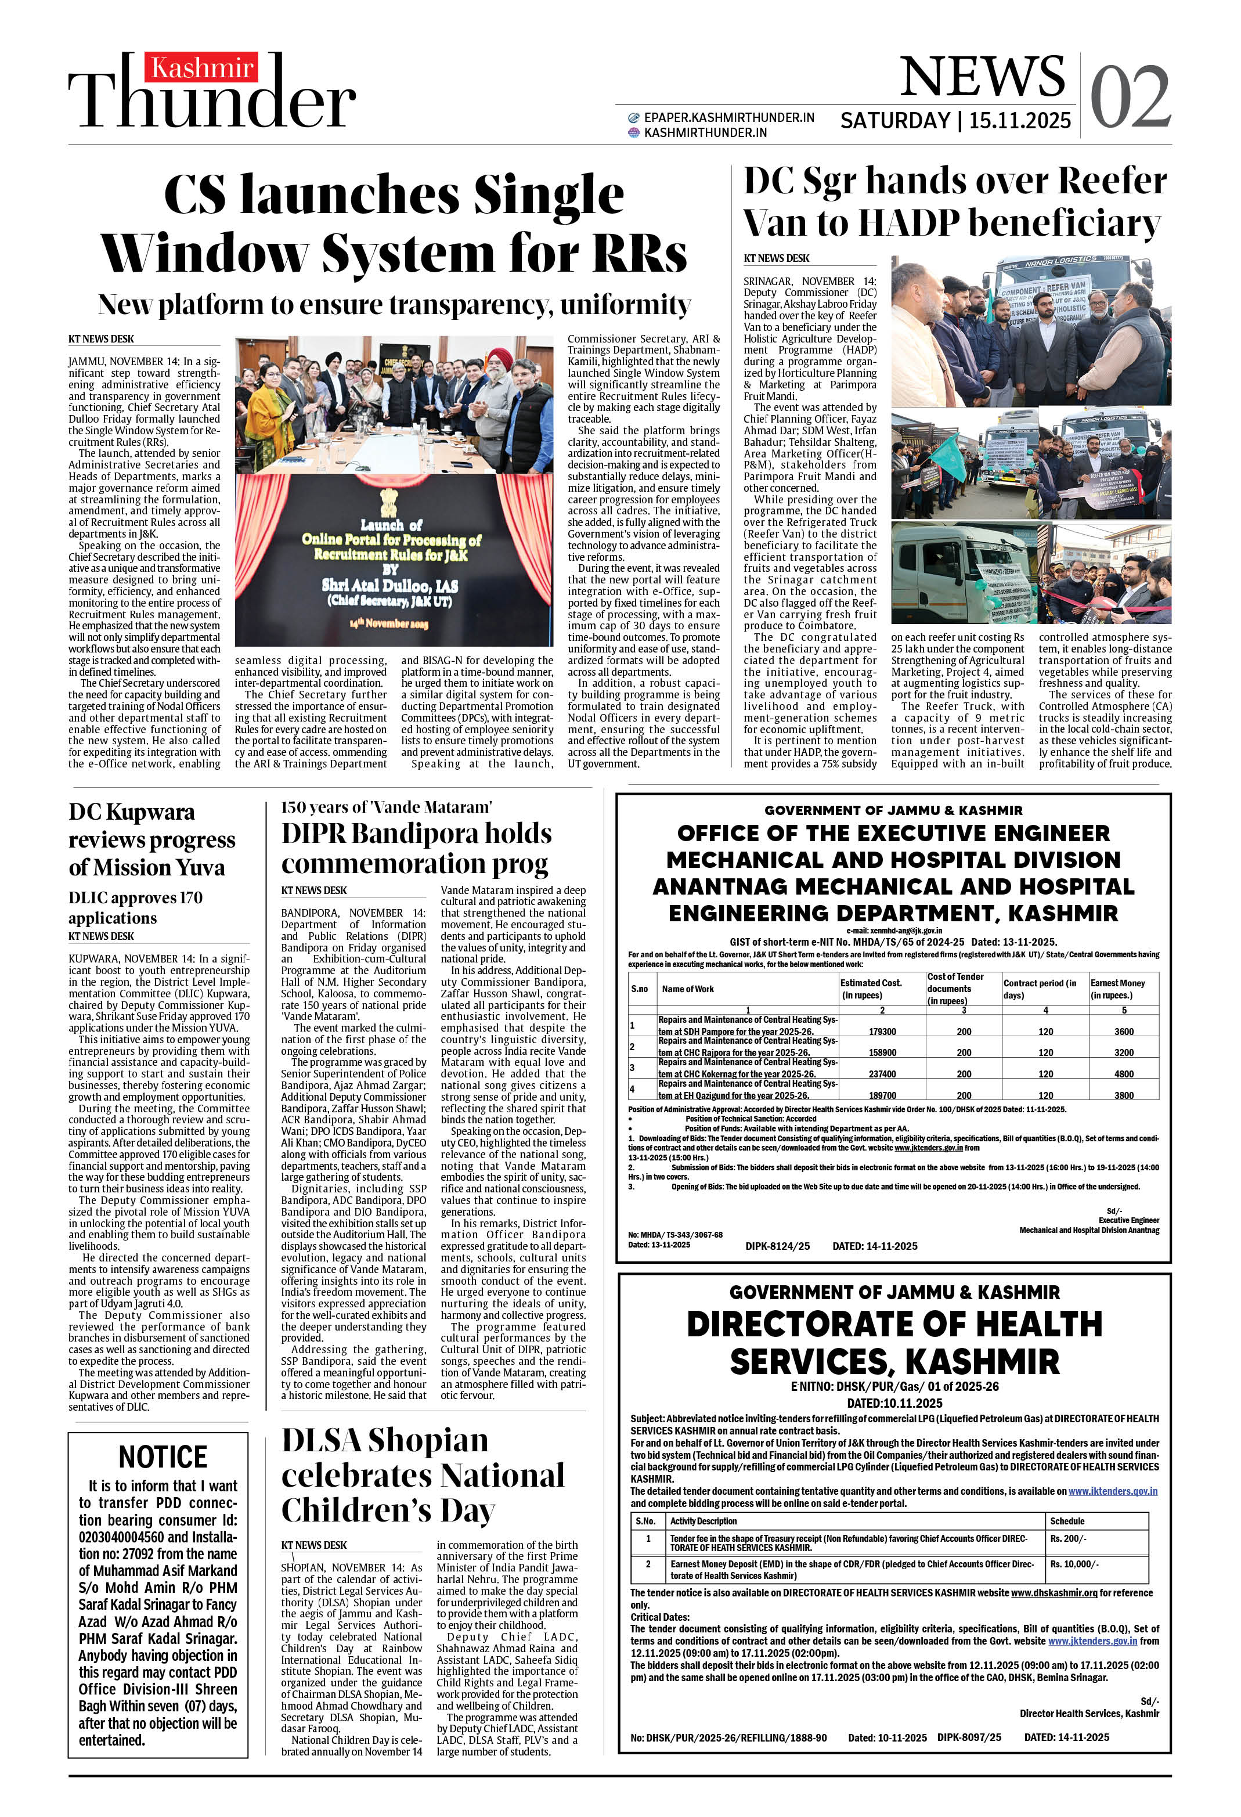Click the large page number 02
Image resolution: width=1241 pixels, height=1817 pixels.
click(x=1130, y=97)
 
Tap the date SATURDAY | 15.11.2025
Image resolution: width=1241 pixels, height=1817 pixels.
click(x=955, y=120)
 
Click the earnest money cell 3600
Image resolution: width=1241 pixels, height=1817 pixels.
click(x=1124, y=1031)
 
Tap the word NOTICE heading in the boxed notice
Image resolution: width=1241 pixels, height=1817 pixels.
click(x=163, y=1457)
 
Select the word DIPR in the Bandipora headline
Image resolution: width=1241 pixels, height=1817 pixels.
click(x=313, y=834)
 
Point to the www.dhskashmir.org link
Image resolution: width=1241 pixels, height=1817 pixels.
click(x=1054, y=1592)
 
